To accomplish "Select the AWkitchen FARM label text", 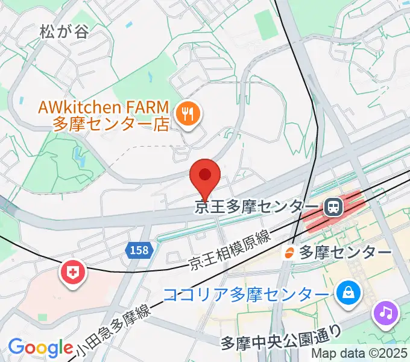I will pyautogui.click(x=102, y=107).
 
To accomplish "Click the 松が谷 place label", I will pyautogui.click(x=64, y=31).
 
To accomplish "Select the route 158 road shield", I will pyautogui.click(x=138, y=249).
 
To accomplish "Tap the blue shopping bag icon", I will pyautogui.click(x=349, y=294).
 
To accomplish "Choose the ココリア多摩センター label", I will pyautogui.click(x=247, y=295).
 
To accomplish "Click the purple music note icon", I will pyautogui.click(x=386, y=313).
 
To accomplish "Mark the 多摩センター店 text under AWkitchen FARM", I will pyautogui.click(x=112, y=125).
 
